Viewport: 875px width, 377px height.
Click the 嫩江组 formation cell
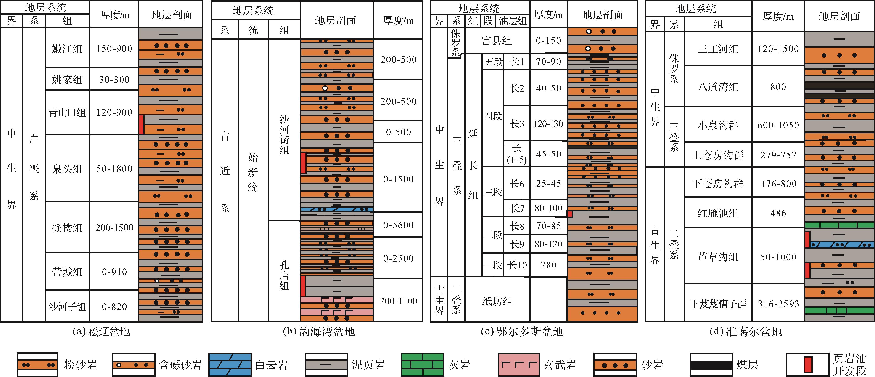[x=67, y=48]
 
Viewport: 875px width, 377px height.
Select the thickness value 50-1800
[x=114, y=169]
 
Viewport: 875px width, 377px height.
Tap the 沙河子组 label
[x=67, y=306]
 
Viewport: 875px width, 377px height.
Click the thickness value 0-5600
[x=398, y=225]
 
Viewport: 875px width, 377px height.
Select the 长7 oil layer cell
[x=517, y=208]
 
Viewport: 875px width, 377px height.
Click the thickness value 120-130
[x=548, y=123]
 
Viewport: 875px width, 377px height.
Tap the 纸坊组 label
[x=497, y=301]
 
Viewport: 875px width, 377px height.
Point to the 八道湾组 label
[x=718, y=87]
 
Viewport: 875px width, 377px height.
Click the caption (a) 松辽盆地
[x=101, y=331]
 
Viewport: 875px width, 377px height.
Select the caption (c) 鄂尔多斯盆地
[x=522, y=331]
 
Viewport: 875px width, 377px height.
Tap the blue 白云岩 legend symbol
[x=230, y=365]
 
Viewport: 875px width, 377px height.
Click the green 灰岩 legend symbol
[x=422, y=365]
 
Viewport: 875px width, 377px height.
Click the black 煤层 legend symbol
[x=711, y=365]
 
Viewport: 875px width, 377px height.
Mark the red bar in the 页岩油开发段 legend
[x=808, y=365]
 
